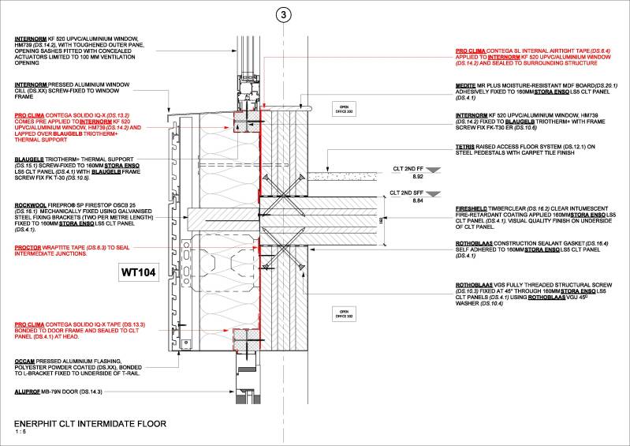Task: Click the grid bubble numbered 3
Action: pos(282,14)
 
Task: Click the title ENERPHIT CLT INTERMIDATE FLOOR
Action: pos(90,424)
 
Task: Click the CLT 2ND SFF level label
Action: pos(405,192)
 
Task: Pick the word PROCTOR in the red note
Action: pos(28,247)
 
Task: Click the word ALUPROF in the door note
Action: pos(28,391)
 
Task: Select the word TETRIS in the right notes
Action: pos(466,146)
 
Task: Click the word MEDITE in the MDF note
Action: pos(467,85)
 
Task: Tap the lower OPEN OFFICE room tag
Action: pos(343,313)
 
